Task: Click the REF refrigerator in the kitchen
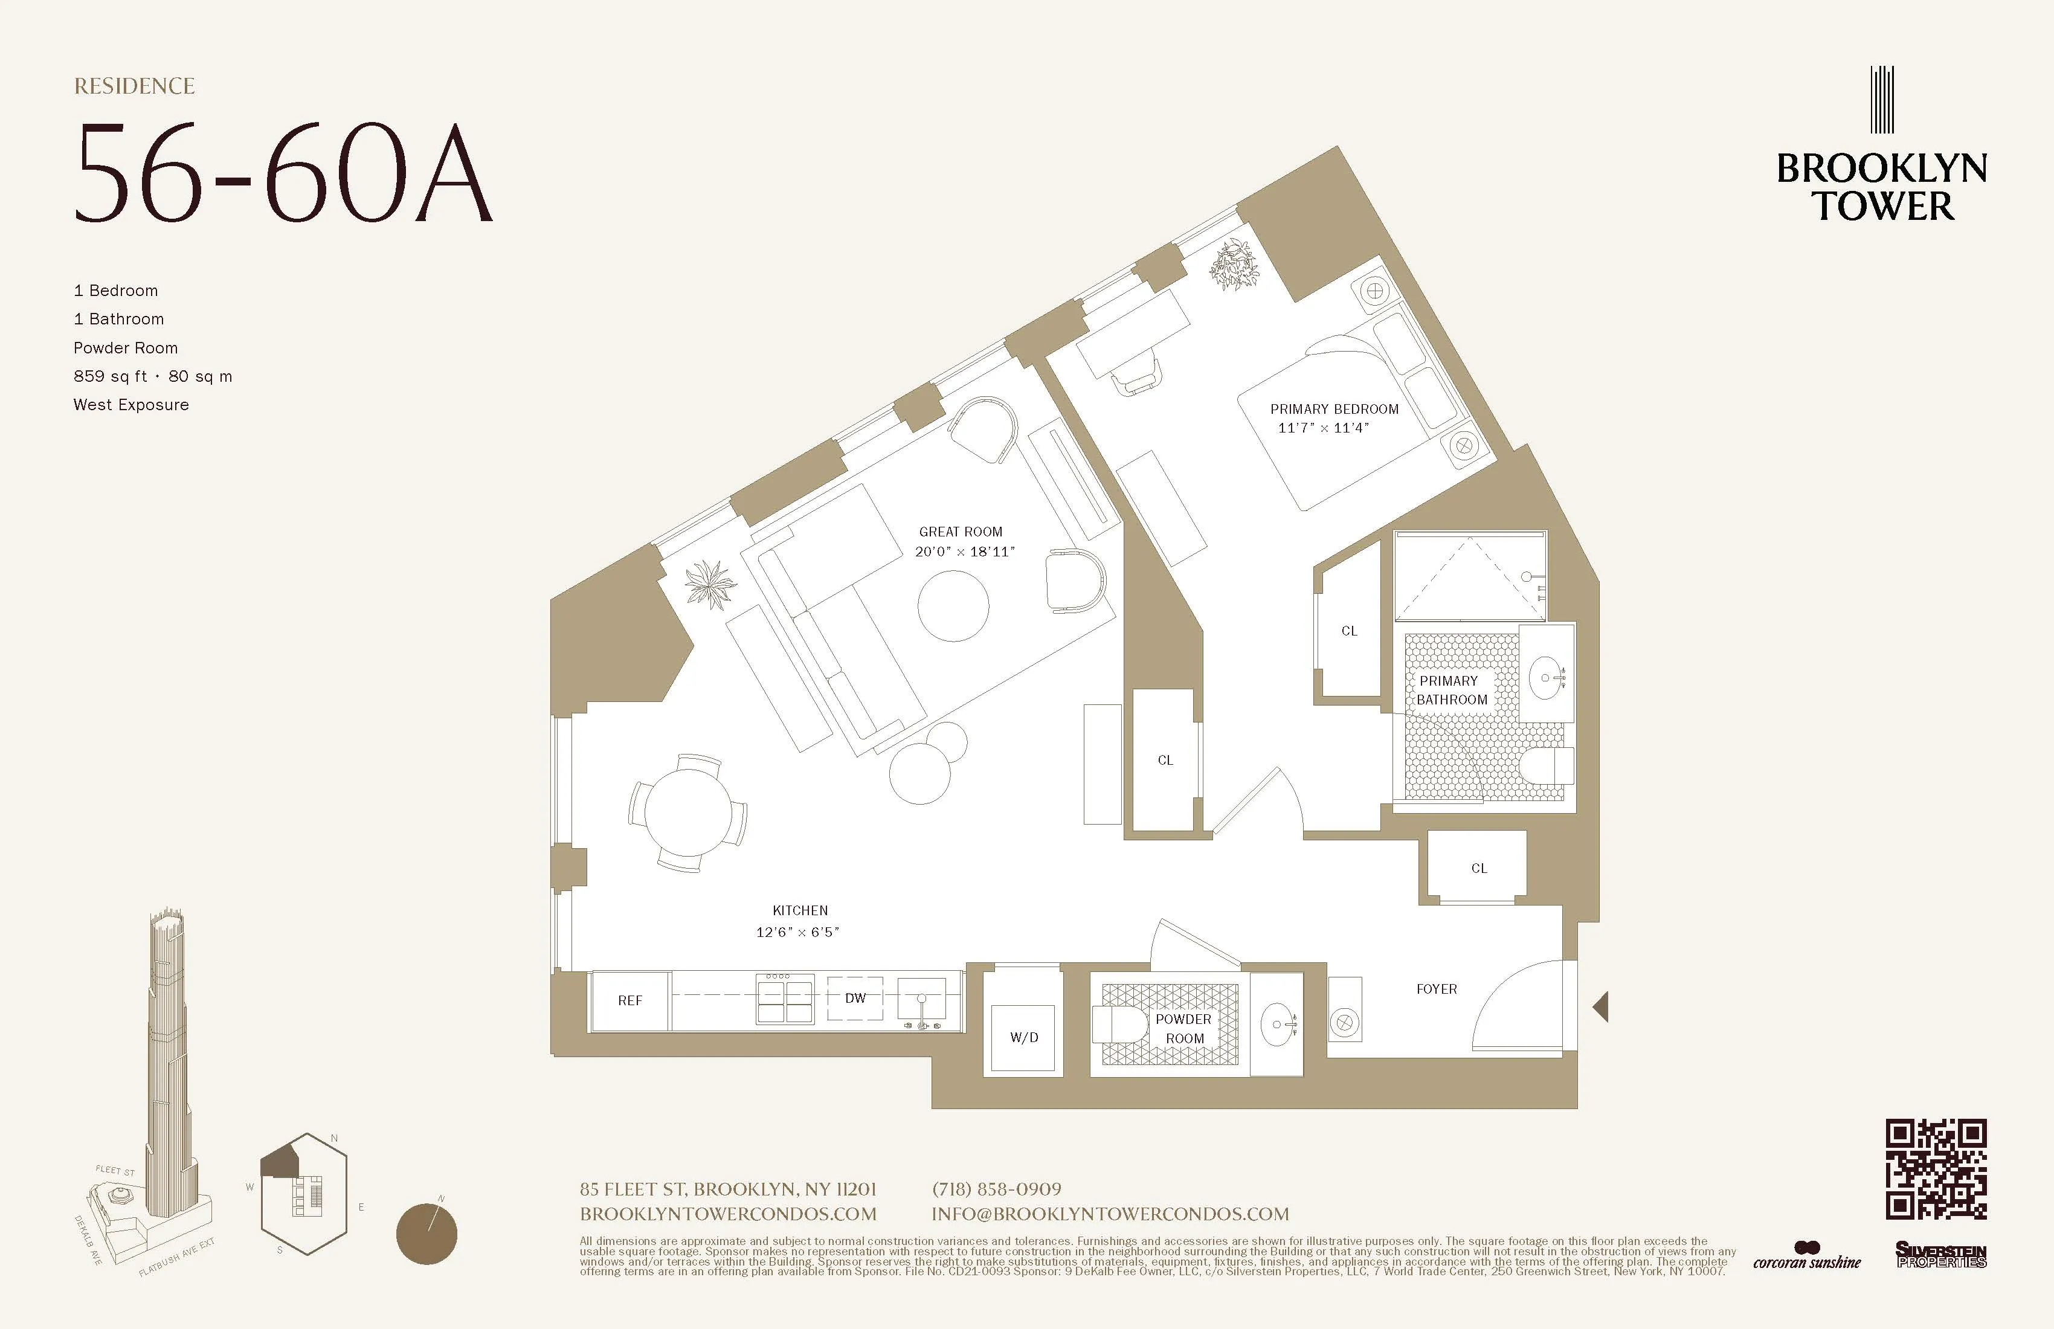click(630, 1000)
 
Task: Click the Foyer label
click(1436, 989)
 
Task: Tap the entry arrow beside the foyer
click(1601, 1006)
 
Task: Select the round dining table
click(688, 812)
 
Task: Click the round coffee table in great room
click(953, 605)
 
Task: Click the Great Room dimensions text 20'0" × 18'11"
click(965, 552)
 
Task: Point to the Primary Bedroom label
click(1334, 409)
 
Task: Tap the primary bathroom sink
click(1547, 677)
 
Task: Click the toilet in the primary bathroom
click(1547, 765)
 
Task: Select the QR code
click(1936, 1170)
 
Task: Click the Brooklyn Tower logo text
click(1881, 187)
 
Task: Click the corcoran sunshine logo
click(1807, 1257)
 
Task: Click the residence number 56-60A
click(283, 173)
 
